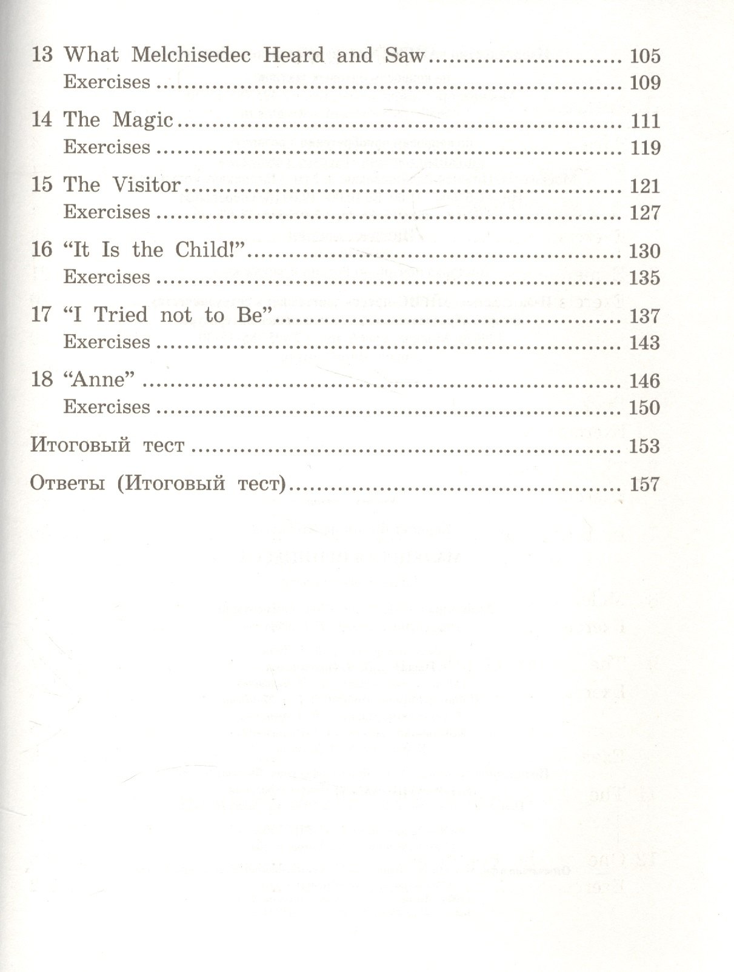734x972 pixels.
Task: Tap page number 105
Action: click(644, 56)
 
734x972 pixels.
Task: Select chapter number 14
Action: click(42, 119)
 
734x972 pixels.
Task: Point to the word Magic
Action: click(142, 120)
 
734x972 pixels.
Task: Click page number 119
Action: click(644, 148)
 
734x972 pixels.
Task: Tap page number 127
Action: click(644, 213)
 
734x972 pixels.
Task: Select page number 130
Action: click(644, 251)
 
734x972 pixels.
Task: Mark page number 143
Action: click(644, 343)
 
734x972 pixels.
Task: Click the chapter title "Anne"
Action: click(98, 380)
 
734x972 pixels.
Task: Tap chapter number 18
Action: click(42, 380)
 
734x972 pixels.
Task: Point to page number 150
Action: click(644, 407)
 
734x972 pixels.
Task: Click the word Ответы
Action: click(67, 484)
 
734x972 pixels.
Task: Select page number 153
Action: click(644, 446)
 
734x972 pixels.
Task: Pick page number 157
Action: click(644, 484)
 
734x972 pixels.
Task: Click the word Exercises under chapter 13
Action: click(107, 82)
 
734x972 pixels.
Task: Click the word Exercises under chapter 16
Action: click(107, 277)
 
